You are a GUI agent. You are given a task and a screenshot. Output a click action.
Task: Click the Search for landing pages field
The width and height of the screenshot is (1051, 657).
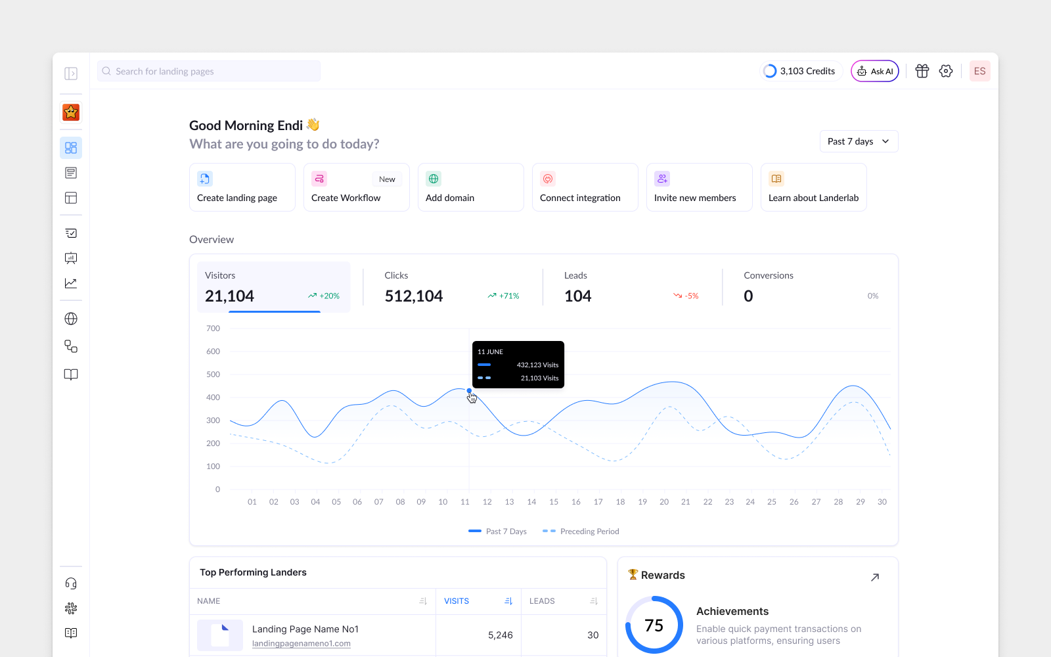[209, 71]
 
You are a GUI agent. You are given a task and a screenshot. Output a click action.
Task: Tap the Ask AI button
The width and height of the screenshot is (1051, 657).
[874, 71]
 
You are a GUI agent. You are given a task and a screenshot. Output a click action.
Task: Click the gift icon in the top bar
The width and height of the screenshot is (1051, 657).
[922, 71]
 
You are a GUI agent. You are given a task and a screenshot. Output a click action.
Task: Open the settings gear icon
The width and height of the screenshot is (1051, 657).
[946, 71]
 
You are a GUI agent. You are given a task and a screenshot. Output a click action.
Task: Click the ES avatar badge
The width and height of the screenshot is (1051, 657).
[979, 71]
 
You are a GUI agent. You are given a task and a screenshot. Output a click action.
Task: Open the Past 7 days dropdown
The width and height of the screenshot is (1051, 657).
[859, 141]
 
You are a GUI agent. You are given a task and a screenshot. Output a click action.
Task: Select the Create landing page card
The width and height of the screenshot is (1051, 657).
[242, 187]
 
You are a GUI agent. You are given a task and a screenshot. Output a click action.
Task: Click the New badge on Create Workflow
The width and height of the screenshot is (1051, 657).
[387, 179]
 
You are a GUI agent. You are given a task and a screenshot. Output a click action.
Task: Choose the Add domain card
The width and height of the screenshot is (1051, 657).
[470, 187]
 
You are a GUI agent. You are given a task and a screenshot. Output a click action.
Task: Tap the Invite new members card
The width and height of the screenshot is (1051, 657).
[699, 187]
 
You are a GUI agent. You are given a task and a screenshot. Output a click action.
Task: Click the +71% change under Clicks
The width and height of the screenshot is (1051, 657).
[503, 296]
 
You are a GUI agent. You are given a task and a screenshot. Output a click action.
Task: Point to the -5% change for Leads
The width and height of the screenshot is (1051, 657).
[686, 296]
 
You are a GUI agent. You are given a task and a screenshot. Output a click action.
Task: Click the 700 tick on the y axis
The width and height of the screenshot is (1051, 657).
[213, 328]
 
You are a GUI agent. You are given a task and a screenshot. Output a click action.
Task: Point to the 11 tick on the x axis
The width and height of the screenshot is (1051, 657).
[464, 502]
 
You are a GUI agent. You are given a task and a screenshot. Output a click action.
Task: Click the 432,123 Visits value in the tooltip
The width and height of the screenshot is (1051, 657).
[537, 365]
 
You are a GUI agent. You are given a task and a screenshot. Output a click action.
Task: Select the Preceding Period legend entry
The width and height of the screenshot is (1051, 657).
[581, 532]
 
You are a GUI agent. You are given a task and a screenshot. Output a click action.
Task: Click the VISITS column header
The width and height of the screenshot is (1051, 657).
[457, 600]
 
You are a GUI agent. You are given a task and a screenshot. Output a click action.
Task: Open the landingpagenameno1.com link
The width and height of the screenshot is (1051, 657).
[302, 643]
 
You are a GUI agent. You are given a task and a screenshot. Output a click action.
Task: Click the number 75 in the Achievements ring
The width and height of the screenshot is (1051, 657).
[654, 625]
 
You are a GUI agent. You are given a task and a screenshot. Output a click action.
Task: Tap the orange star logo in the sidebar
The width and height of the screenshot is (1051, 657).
[71, 112]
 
